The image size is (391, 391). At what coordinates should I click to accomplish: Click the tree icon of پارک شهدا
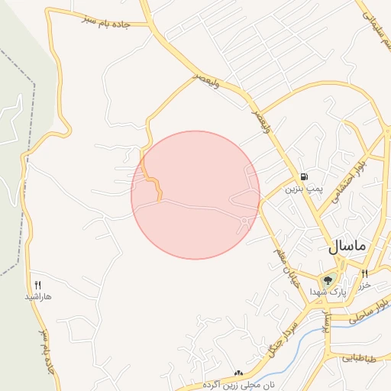(x=328, y=280)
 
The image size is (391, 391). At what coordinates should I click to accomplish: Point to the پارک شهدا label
(x=328, y=292)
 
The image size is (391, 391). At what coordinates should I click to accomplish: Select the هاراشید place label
(x=37, y=295)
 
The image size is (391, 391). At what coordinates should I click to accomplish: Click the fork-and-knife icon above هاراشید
(x=37, y=284)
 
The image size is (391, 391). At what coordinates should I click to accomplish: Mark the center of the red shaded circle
(x=195, y=195)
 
